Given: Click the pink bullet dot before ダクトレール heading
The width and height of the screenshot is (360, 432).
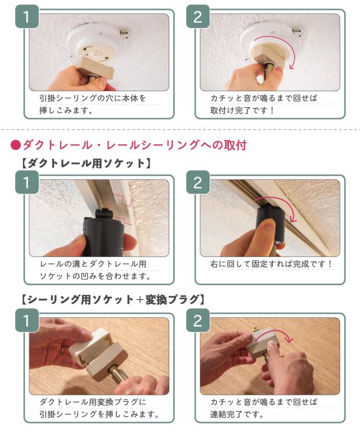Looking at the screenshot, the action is pyautogui.click(x=15, y=145).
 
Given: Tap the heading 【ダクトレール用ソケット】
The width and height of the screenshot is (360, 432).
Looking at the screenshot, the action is pyautogui.click(x=86, y=163).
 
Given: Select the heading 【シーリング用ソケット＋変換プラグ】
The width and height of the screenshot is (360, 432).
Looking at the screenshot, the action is pyautogui.click(x=113, y=299).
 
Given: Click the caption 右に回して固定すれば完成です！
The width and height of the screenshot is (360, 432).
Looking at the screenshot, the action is pyautogui.click(x=271, y=264).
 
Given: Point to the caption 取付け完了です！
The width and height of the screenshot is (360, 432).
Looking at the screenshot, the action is pyautogui.click(x=242, y=110).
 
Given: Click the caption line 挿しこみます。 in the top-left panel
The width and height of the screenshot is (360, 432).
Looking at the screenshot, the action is pyautogui.click(x=66, y=110).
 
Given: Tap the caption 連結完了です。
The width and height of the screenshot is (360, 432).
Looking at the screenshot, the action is pyautogui.click(x=237, y=414).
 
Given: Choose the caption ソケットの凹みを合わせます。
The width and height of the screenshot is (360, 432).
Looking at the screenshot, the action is pyautogui.click(x=95, y=276).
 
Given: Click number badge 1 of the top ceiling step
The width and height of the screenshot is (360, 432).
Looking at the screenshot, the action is pyautogui.click(x=26, y=17).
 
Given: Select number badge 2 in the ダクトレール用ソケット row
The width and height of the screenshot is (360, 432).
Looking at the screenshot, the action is pyautogui.click(x=198, y=183).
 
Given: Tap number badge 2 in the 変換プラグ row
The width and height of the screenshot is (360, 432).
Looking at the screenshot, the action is pyautogui.click(x=198, y=321).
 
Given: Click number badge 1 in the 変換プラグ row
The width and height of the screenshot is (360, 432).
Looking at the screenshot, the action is pyautogui.click(x=26, y=321).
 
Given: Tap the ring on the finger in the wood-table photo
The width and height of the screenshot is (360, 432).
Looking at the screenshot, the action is pyautogui.click(x=63, y=349).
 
